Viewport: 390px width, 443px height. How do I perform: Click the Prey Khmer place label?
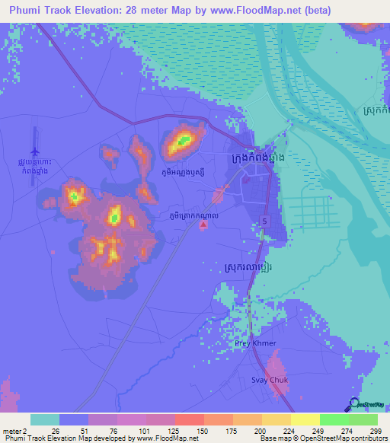coord(251,343)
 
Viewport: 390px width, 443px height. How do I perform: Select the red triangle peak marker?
coord(201,224)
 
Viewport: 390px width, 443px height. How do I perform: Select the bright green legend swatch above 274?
coord(333,419)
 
